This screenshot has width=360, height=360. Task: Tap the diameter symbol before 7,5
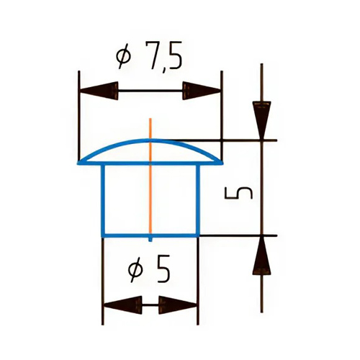pyautogui.click(x=124, y=57)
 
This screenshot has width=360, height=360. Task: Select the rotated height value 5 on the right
pyautogui.click(x=238, y=193)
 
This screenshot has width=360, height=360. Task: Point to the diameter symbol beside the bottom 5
pyautogui.click(x=135, y=270)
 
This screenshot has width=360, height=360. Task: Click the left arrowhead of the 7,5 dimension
pyautogui.click(x=99, y=91)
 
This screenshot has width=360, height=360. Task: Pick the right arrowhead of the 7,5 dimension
pyautogui.click(x=202, y=91)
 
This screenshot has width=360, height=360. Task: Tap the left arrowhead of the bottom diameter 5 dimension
pyautogui.click(x=122, y=305)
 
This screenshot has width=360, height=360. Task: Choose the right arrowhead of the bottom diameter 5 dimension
pyautogui.click(x=178, y=305)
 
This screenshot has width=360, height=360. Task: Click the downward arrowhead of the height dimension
pyautogui.click(x=261, y=120)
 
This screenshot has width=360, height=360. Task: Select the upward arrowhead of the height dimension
pyautogui.click(x=261, y=255)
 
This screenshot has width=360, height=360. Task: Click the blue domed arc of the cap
pyautogui.click(x=150, y=140)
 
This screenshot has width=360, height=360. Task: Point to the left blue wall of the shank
pyautogui.click(x=103, y=199)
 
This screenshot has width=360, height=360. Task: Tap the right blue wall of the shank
pyautogui.click(x=198, y=199)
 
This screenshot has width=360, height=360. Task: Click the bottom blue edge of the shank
pyautogui.click(x=150, y=235)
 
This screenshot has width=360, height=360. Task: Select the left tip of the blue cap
pyautogui.click(x=78, y=163)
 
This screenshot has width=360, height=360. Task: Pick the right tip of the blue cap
pyautogui.click(x=222, y=163)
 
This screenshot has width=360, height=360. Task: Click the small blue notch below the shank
pyautogui.click(x=150, y=240)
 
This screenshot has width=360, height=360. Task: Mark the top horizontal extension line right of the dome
pyautogui.click(x=225, y=140)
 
